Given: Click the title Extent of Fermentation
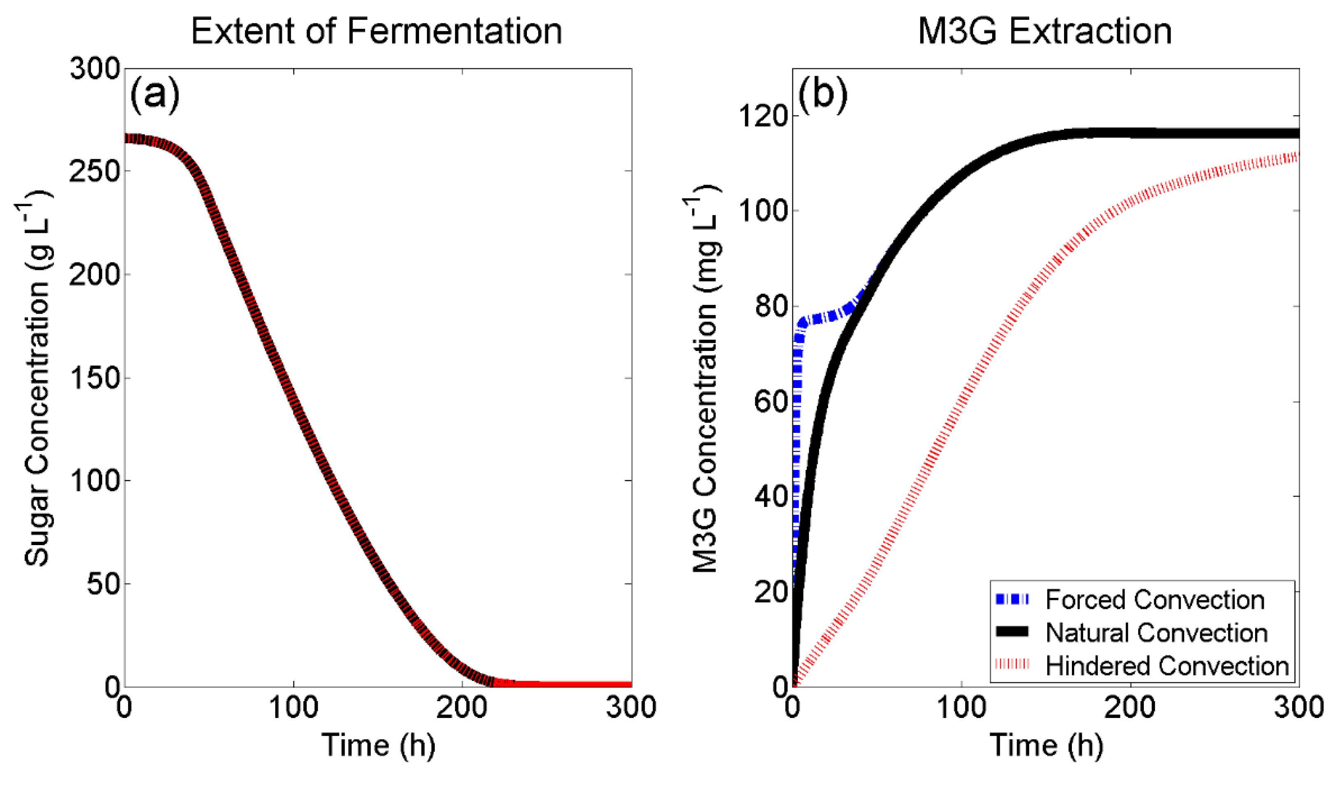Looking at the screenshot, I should pos(376,31).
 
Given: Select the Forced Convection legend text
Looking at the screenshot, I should pos(1155,600).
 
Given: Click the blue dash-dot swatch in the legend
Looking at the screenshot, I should pos(1012,600).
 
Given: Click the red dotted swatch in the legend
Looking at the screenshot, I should pos(1012,665).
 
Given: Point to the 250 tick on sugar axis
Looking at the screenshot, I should pos(94,171).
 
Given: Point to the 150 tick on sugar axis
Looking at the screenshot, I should pos(94,378).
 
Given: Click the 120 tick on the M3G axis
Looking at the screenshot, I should pos(763,116).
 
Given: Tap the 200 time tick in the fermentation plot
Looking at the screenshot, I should pos(461,708).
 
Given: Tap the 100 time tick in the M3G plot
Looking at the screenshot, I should pos(961,708).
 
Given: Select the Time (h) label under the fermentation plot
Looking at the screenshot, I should pos(378,745).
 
